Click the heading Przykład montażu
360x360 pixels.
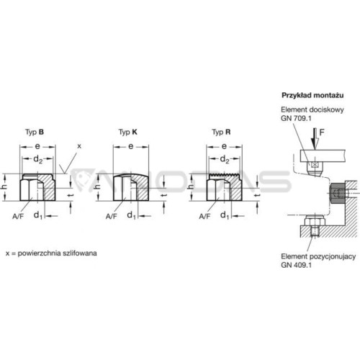312,95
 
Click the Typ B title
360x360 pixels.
35,132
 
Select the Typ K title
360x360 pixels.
128,132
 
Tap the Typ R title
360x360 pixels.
221,132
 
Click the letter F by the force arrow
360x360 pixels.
322,132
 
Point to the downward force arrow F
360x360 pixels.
315,139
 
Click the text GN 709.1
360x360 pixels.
296,118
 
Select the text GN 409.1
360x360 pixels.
296,265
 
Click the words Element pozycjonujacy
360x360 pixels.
318,256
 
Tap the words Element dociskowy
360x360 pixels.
312,109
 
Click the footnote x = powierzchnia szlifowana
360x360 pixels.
51,253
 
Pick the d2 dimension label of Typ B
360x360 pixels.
37,159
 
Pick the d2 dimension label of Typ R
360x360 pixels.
224,159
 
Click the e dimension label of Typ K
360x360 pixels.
131,146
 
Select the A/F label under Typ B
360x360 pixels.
18,217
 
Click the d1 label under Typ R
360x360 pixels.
225,215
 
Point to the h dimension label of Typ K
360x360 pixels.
97,186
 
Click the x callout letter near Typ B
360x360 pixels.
80,146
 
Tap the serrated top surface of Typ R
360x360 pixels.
224,174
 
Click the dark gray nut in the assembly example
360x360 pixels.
338,193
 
